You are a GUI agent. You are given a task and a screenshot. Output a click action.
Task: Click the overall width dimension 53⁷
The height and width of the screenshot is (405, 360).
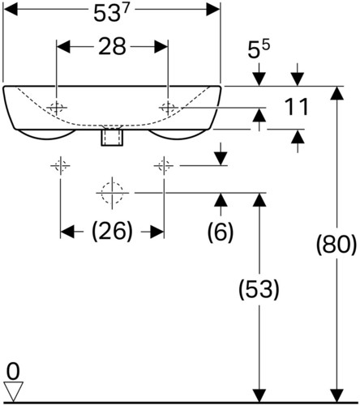pos(106,14)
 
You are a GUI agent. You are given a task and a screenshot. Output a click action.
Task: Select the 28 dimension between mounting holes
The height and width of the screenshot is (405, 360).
pos(112,46)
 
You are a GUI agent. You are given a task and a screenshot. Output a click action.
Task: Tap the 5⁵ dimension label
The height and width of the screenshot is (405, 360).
pos(259,49)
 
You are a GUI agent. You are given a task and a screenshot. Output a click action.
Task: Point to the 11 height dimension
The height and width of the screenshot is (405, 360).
pos(297,107)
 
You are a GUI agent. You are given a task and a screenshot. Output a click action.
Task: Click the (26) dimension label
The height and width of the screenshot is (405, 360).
pos(112,232)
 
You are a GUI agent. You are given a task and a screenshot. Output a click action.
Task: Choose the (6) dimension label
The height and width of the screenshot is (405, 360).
pos(221,232)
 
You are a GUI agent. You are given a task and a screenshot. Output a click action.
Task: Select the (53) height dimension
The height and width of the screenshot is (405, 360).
pos(259,289)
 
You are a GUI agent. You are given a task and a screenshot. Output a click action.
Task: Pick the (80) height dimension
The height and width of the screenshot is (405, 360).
pos(336,245)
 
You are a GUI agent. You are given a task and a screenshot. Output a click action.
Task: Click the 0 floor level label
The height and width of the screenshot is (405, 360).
pos(13,372)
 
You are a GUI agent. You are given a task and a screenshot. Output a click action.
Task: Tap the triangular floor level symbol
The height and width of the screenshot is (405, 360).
pos(13,391)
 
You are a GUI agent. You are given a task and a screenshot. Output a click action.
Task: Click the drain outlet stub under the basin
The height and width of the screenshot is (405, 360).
pos(112,137)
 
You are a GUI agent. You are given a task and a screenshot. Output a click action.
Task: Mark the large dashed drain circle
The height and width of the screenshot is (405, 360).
pos(112,193)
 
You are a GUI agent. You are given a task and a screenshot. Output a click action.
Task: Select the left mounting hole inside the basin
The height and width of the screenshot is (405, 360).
pos(57,108)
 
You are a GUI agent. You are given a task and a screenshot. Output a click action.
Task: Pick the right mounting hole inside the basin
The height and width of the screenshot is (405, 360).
pos(168,108)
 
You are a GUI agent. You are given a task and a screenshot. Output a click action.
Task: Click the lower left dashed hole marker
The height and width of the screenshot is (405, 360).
pos(60,165)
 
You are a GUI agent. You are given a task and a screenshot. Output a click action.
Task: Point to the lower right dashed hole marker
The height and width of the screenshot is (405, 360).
pos(164,165)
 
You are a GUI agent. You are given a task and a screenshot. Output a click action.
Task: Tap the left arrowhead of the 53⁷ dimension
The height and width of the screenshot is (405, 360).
pos(11,10)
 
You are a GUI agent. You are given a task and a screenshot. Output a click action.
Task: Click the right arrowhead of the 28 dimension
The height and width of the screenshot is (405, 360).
pos(161,46)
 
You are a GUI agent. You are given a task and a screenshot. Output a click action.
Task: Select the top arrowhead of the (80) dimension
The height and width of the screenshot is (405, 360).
pos(336,93)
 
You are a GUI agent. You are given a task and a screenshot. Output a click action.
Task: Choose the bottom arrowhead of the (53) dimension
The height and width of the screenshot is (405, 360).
pos(259,395)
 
